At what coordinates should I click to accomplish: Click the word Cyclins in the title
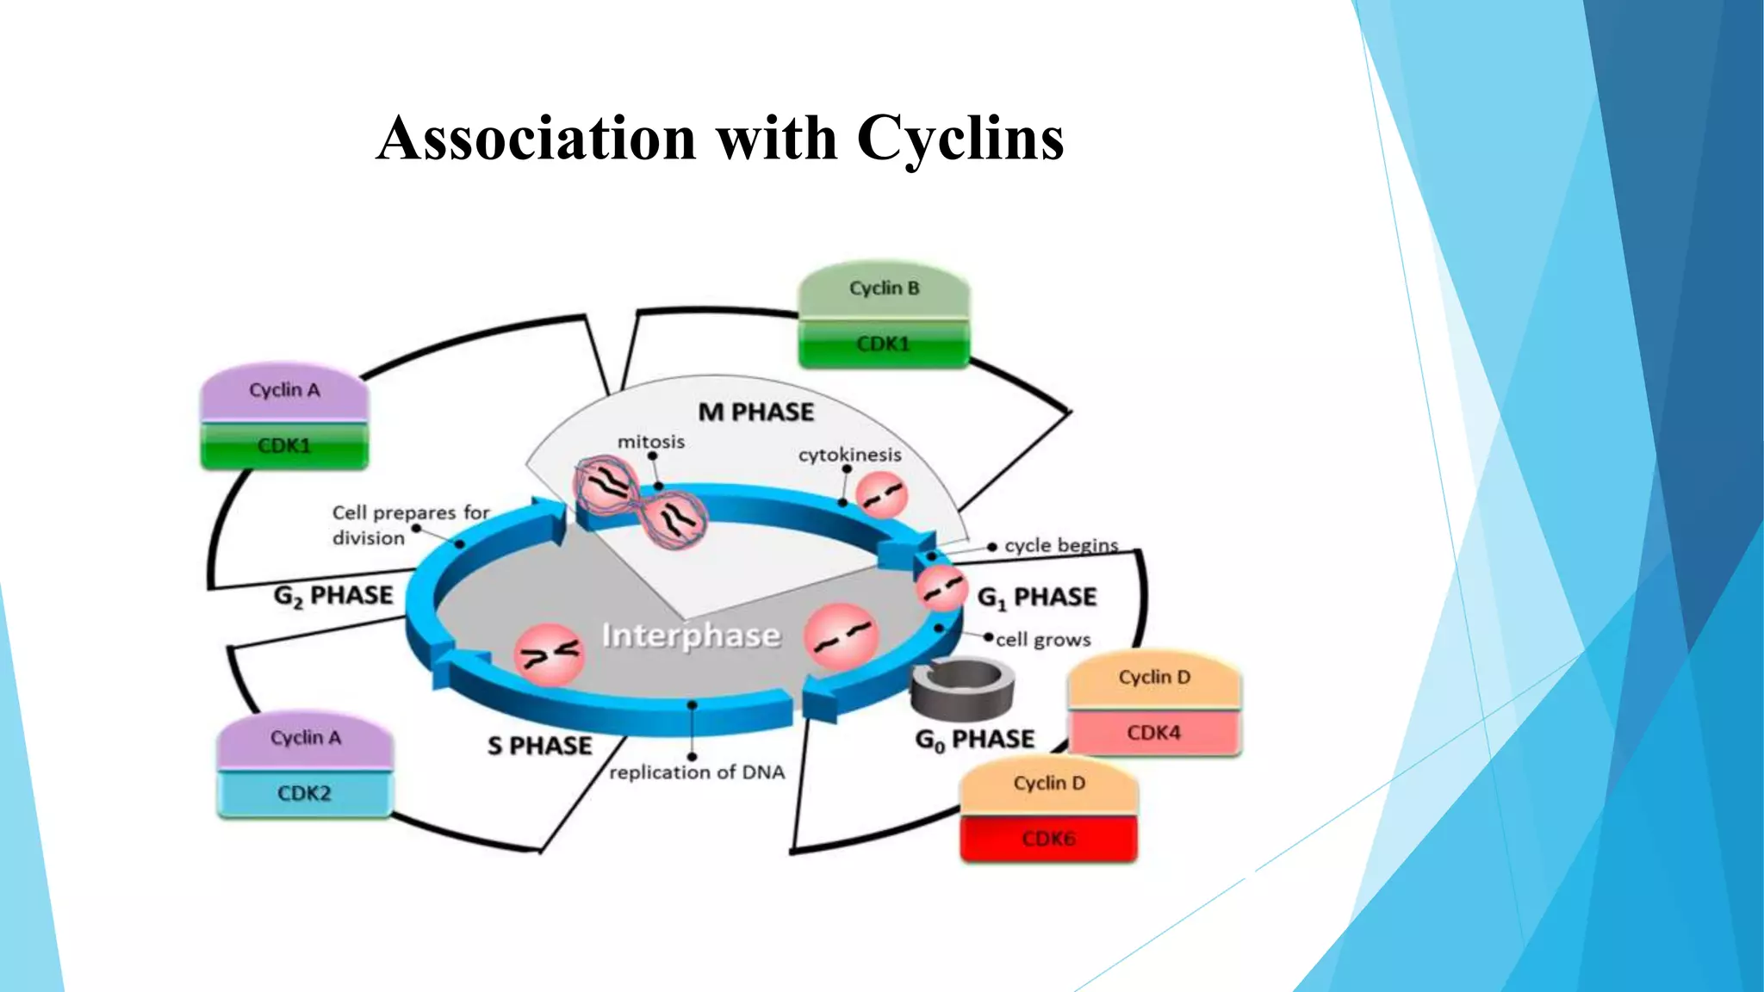[960, 138]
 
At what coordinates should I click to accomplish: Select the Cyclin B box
[884, 289]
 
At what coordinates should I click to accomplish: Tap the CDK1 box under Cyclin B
[884, 344]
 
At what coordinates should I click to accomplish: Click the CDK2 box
[304, 793]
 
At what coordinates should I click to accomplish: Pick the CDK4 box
[1153, 733]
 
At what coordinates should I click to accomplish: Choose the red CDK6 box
[1048, 839]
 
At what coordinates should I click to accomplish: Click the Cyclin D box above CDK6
[1048, 784]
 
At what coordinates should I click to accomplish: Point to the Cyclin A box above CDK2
[305, 739]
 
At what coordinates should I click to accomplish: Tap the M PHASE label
[755, 412]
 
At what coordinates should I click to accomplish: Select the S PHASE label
[539, 746]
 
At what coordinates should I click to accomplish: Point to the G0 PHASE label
[974, 740]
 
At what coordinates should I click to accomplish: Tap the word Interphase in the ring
[691, 635]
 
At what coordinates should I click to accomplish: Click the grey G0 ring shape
[962, 686]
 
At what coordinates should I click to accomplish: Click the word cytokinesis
[849, 455]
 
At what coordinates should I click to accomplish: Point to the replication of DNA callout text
[697, 772]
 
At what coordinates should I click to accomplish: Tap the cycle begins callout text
[1060, 546]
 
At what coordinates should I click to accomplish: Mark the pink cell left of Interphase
[549, 655]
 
